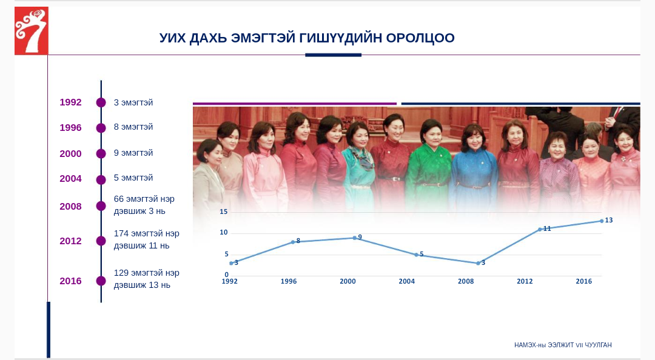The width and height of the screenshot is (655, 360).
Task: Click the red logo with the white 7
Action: tap(32, 30)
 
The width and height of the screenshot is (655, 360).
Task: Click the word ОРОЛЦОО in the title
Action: tap(420, 38)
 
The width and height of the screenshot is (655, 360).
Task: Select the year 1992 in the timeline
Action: tap(70, 102)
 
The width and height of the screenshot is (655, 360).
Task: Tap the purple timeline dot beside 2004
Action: tap(101, 179)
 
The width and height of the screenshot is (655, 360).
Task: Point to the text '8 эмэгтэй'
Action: tap(133, 127)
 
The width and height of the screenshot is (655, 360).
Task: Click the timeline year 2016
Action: tap(70, 281)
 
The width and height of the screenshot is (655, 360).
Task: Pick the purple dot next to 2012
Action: tap(101, 241)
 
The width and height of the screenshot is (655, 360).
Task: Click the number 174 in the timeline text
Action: tap(121, 233)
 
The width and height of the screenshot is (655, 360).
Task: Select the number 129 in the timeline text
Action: tap(121, 273)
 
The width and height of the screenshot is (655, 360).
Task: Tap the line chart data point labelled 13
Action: tap(602, 221)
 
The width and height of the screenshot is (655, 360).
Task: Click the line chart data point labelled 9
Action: tap(354, 238)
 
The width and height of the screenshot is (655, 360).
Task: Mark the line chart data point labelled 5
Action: tap(416, 255)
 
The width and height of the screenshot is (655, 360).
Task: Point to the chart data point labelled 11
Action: tap(540, 229)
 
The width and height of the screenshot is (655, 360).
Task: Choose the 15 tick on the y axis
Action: tap(224, 212)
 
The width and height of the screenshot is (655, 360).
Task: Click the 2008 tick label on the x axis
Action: tap(466, 281)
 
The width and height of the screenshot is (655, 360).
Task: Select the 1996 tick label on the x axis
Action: tap(289, 281)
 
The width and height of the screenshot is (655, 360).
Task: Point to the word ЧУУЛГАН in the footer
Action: tap(598, 345)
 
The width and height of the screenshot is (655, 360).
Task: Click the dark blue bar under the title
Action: tap(334, 55)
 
